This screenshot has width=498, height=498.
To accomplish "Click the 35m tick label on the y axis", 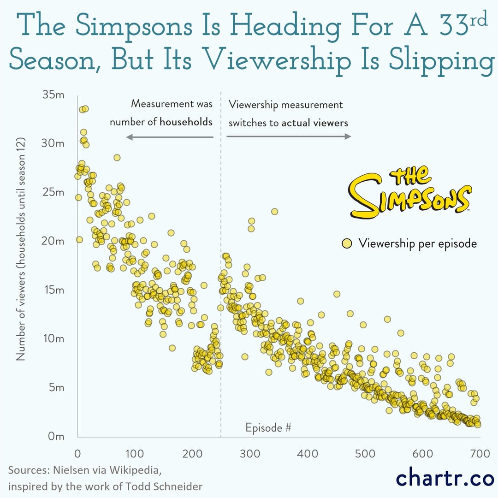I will click(53, 95).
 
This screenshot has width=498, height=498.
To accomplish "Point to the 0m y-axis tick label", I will click(56, 436).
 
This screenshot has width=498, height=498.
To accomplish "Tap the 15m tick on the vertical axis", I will click(53, 290).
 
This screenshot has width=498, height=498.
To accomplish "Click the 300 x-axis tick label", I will click(250, 454).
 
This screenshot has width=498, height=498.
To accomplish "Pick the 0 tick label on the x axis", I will click(77, 454).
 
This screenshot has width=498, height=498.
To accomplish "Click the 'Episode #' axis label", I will click(268, 427).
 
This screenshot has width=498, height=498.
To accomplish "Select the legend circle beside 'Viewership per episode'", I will click(347, 243).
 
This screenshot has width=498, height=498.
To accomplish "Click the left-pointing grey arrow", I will click(170, 136).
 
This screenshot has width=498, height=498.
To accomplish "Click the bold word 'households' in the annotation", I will click(186, 122).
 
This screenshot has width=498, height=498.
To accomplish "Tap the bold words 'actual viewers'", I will click(315, 123).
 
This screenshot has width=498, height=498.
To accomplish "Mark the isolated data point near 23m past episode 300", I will click(274, 212).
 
